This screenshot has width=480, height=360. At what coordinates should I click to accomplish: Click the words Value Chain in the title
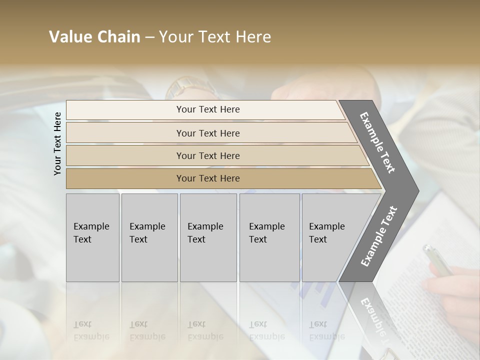click(94, 37)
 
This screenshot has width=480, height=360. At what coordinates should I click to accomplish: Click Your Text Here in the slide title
click(215, 37)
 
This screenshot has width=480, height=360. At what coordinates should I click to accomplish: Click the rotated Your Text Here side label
click(57, 143)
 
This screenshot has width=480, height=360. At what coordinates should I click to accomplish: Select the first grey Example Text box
click(92, 237)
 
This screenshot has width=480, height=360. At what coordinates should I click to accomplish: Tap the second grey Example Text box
click(149, 237)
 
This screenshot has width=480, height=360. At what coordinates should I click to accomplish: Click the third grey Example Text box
click(208, 237)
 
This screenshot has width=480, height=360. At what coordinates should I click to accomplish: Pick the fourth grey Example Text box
click(269, 237)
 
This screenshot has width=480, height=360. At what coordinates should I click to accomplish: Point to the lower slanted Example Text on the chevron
click(379, 236)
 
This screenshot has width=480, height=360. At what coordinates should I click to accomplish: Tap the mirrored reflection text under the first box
click(91, 330)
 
